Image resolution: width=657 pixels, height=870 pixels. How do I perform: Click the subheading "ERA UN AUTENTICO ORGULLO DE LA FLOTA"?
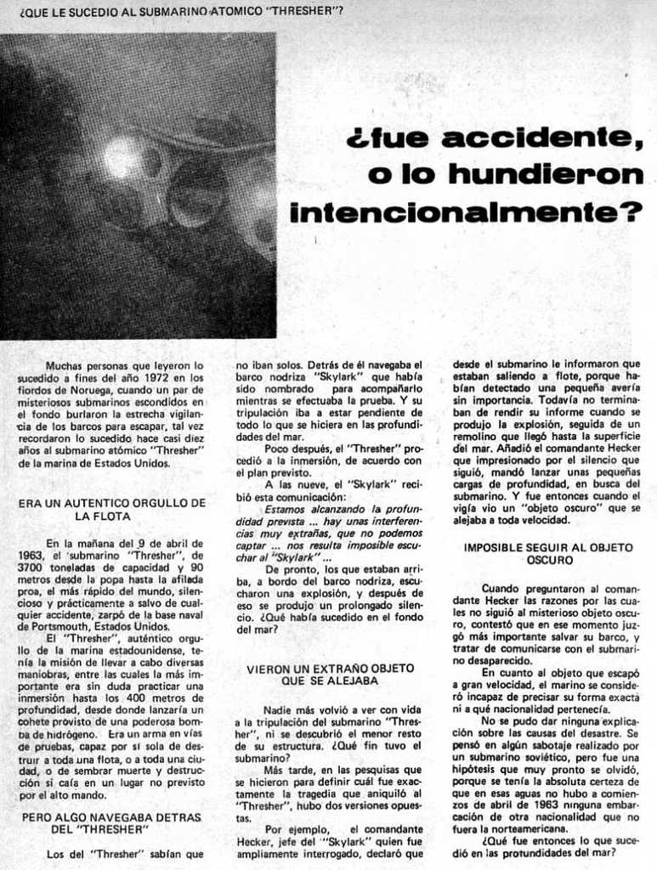pos(111,509)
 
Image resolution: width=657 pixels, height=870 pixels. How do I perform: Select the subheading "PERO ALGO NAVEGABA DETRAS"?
pos(111,817)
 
